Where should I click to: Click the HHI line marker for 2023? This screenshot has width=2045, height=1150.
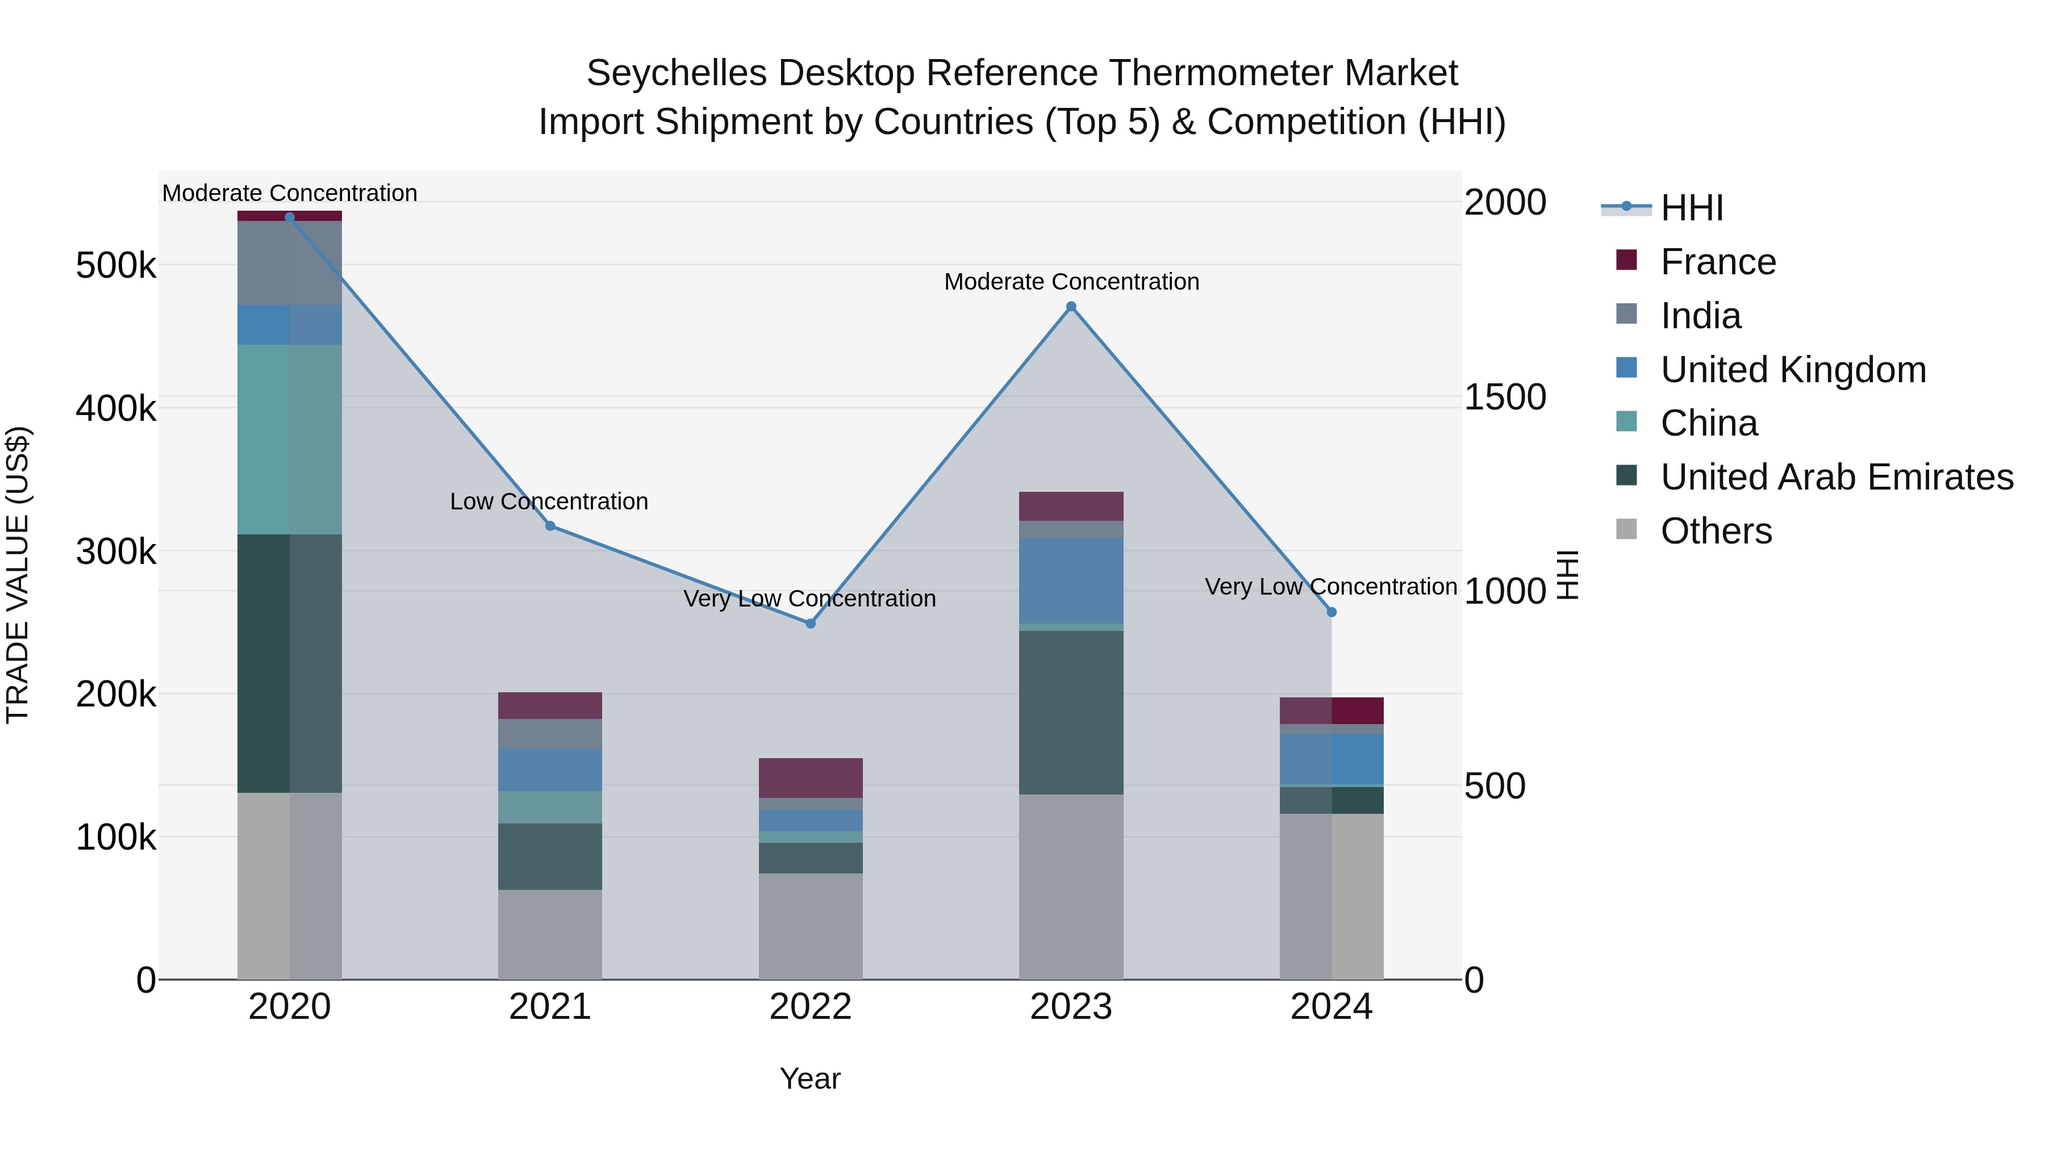1071,306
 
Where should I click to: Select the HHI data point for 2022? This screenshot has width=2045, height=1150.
811,624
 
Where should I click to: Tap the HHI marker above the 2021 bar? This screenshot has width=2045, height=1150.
550,526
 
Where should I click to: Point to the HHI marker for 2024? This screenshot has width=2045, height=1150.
1332,612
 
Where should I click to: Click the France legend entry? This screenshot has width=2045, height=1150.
1717,262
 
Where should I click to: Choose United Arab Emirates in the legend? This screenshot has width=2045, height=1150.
1836,477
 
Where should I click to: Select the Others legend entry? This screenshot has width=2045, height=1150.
1716,531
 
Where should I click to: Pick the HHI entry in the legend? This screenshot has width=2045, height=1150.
1691,208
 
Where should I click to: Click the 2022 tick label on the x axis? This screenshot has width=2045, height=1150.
811,1007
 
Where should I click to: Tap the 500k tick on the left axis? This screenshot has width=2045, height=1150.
116,265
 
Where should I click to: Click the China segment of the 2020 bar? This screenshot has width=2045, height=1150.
289,440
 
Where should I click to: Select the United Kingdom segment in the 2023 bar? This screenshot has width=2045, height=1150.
1071,581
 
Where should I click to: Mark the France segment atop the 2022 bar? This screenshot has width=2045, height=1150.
811,778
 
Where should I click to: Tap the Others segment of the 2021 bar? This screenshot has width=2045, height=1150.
550,934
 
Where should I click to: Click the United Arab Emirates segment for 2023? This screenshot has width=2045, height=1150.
1071,713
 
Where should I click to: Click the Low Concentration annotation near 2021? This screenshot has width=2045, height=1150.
549,501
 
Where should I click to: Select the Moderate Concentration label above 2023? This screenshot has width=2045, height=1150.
1071,282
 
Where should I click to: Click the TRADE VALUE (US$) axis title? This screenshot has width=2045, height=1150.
18,575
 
